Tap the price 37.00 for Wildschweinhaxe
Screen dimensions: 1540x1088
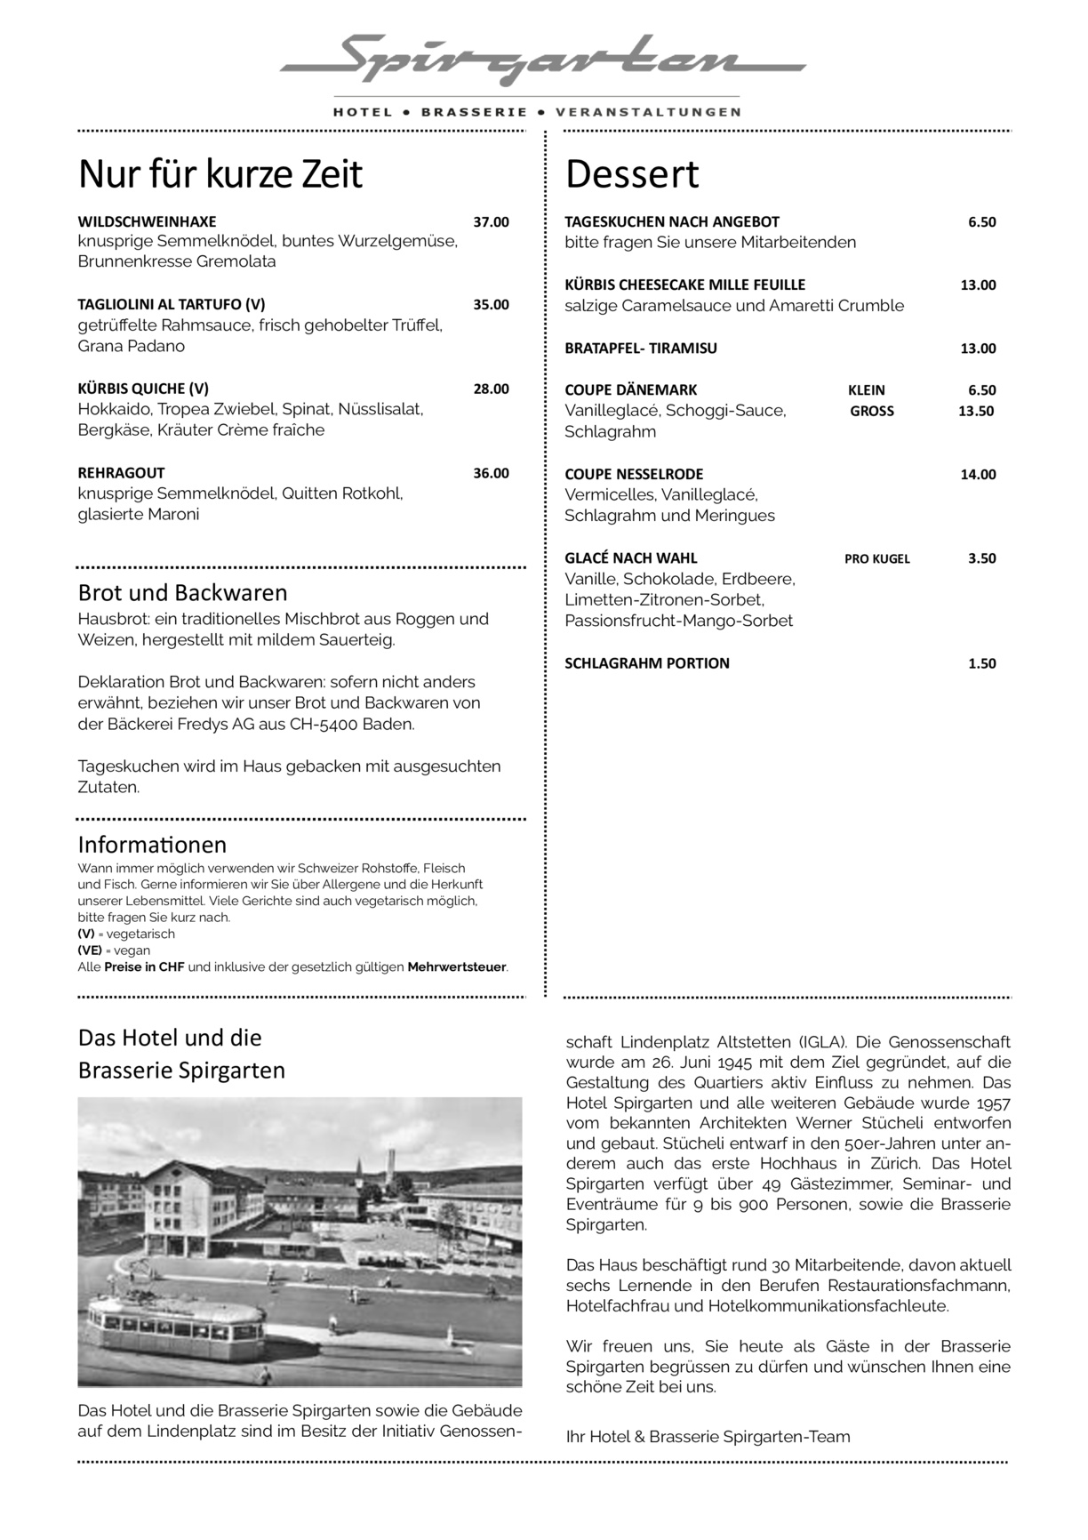coord(491,221)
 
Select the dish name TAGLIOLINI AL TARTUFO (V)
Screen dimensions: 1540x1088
coord(172,304)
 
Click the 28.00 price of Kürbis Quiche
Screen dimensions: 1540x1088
coord(491,389)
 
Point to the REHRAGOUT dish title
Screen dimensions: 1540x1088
coord(122,473)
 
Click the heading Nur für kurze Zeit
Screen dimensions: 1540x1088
coord(220,174)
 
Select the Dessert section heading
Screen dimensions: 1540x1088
coord(632,174)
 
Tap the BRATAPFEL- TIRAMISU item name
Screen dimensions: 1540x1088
coord(641,349)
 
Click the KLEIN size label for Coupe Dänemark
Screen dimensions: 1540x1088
coord(866,390)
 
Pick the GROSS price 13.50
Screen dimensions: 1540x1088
coord(975,411)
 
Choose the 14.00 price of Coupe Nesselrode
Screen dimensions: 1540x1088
coord(978,475)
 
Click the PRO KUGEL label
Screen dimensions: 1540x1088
coord(876,559)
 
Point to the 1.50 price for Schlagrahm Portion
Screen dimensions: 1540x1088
coord(981,663)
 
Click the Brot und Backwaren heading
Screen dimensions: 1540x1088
coord(182,593)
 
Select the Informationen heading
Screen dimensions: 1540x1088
coord(152,844)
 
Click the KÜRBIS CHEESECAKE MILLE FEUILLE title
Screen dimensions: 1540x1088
coord(684,285)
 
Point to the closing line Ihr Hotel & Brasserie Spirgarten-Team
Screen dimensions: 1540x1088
coord(708,1437)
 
